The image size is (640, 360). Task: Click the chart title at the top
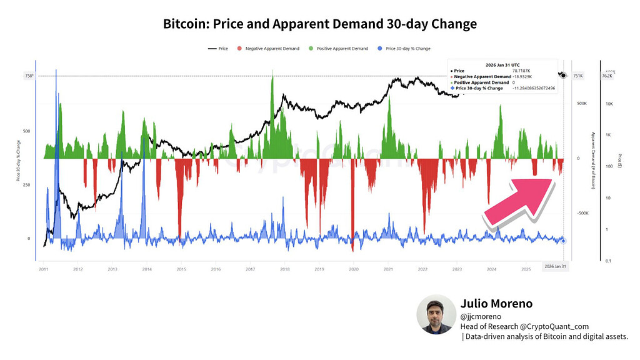(319, 24)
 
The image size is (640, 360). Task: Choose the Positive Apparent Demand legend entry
(342, 48)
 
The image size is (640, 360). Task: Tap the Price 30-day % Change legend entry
(407, 48)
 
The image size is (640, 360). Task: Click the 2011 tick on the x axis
(44, 269)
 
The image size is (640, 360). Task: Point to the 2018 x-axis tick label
(284, 269)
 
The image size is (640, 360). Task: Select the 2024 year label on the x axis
(491, 269)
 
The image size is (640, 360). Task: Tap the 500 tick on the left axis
(27, 131)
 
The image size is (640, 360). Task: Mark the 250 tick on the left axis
(27, 185)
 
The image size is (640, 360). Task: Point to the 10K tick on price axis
(610, 104)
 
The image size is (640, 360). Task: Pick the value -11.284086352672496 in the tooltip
(536, 89)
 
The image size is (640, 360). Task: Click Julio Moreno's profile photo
(436, 316)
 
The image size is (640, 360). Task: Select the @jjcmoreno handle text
(481, 317)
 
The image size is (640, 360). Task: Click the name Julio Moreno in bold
(496, 304)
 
